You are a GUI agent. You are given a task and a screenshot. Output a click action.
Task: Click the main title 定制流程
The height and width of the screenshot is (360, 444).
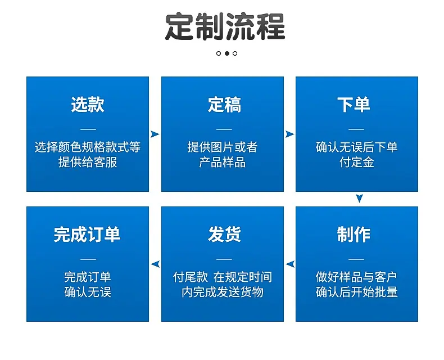click(225, 26)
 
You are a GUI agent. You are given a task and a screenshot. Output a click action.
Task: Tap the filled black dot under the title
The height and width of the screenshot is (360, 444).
click(227, 53)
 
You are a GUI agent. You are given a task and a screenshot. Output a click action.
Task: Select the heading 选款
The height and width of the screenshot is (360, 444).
click(88, 105)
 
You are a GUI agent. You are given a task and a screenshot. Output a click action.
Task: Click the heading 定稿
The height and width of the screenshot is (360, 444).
click(224, 105)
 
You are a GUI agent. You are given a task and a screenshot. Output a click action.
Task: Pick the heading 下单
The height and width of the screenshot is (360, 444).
click(354, 105)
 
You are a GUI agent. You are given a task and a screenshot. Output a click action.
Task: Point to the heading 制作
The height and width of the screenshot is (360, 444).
click(354, 235)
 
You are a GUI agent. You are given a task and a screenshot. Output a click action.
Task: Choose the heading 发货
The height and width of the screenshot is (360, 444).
click(224, 235)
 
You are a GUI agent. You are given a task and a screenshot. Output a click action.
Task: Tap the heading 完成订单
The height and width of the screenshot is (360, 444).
click(87, 235)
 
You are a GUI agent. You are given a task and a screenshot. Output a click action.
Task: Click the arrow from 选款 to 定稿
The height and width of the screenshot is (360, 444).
click(155, 134)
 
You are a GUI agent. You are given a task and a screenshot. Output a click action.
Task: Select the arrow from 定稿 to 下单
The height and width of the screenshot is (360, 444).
click(289, 134)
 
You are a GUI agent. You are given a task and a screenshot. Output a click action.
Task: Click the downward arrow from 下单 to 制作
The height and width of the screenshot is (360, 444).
click(359, 199)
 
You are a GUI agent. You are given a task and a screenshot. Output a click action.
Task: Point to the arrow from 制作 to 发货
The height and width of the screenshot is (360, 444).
click(290, 264)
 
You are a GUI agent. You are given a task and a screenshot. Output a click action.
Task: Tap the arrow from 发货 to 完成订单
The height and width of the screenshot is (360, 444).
click(155, 264)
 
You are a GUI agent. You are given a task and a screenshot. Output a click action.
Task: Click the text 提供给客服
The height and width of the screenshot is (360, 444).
click(88, 163)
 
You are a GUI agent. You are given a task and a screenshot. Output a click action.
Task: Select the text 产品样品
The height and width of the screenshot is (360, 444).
click(223, 163)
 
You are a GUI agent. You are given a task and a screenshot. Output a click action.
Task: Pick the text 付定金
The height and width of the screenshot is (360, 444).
click(357, 163)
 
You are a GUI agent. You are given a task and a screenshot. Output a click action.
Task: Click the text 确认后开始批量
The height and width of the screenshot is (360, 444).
click(357, 292)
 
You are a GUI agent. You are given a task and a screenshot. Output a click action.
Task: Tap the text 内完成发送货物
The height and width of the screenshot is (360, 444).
click(223, 292)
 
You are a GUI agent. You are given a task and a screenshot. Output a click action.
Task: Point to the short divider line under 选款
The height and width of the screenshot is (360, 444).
click(88, 129)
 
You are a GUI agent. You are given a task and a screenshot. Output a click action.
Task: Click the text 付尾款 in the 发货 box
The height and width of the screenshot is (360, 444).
click(191, 277)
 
